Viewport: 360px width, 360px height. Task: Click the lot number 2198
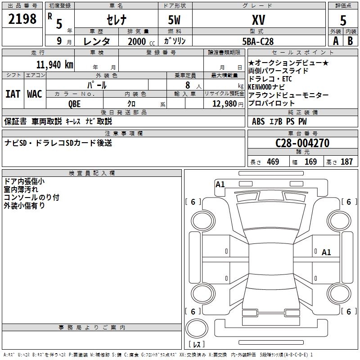[22, 19]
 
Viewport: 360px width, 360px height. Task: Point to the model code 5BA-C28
[257, 41]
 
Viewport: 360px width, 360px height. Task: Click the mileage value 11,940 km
[54, 64]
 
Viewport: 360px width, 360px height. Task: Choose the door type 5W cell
[175, 20]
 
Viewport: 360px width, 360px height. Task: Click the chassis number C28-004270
[302, 143]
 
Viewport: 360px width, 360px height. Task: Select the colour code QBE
[75, 103]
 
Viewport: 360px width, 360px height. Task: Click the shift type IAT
[13, 94]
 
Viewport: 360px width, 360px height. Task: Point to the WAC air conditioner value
[35, 94]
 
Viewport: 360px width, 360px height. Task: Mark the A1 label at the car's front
[220, 184]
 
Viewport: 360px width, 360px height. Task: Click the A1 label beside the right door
[326, 252]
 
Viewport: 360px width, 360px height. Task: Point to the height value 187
[346, 162]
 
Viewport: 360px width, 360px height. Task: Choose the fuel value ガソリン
[175, 41]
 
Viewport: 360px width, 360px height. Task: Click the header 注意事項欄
[123, 133]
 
